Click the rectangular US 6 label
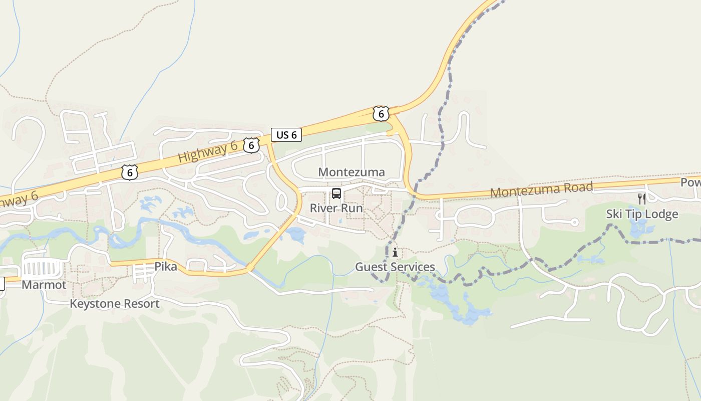click(x=286, y=134)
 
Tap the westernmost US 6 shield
click(x=129, y=172)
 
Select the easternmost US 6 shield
click(x=381, y=114)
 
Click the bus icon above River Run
click(x=336, y=193)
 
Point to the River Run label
click(x=336, y=208)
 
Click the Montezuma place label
click(x=352, y=172)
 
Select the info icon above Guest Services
click(x=395, y=252)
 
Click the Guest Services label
click(x=395, y=267)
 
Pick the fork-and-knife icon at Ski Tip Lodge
click(x=642, y=199)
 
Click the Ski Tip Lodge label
click(x=642, y=214)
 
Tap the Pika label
click(x=166, y=267)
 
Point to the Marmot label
click(x=44, y=285)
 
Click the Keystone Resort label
click(x=115, y=304)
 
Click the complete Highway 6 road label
click(x=208, y=151)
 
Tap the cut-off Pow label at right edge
click(x=690, y=182)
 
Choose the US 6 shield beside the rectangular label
click(x=251, y=145)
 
